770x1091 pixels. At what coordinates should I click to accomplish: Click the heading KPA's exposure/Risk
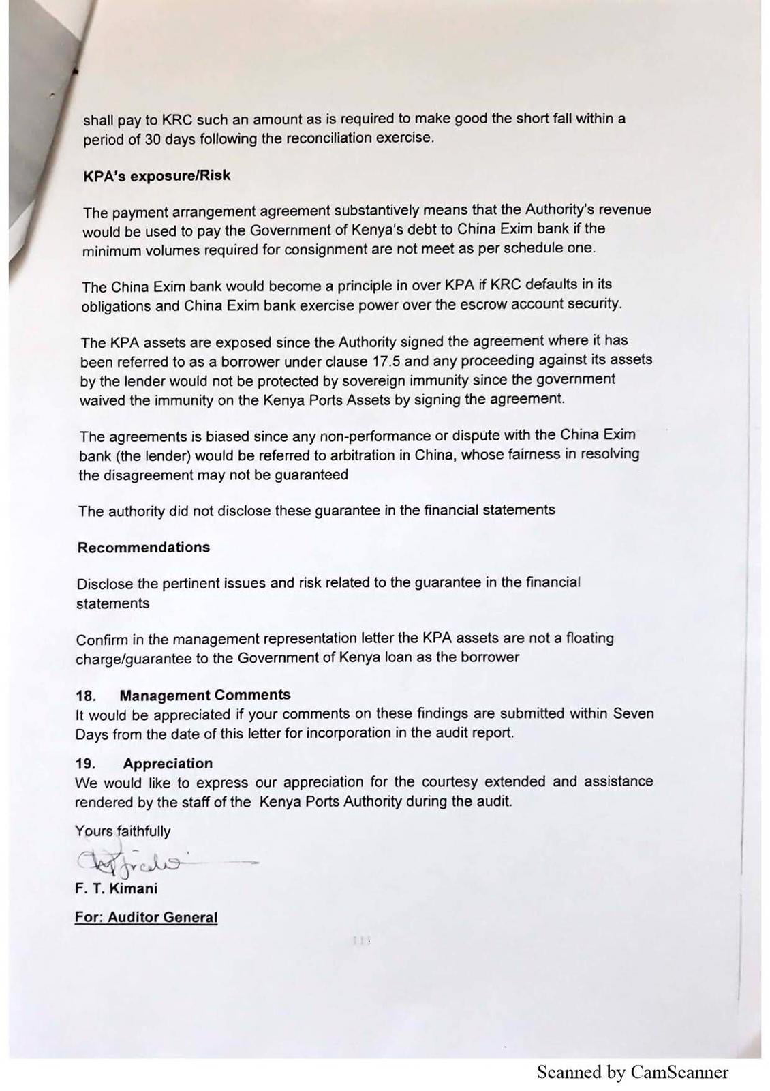point(157,176)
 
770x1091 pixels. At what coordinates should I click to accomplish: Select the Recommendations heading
point(143,548)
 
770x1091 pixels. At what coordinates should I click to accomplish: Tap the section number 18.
point(86,696)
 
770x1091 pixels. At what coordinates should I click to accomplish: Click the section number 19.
point(85,764)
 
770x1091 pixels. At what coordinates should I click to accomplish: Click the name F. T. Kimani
point(116,888)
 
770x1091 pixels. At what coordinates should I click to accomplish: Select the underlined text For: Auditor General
point(146,917)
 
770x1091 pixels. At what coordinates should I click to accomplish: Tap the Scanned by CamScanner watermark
point(632,1073)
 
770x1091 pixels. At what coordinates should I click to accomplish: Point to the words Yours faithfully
point(123,831)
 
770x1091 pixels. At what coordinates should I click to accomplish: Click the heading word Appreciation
point(168,764)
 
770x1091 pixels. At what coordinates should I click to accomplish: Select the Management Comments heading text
point(204,696)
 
